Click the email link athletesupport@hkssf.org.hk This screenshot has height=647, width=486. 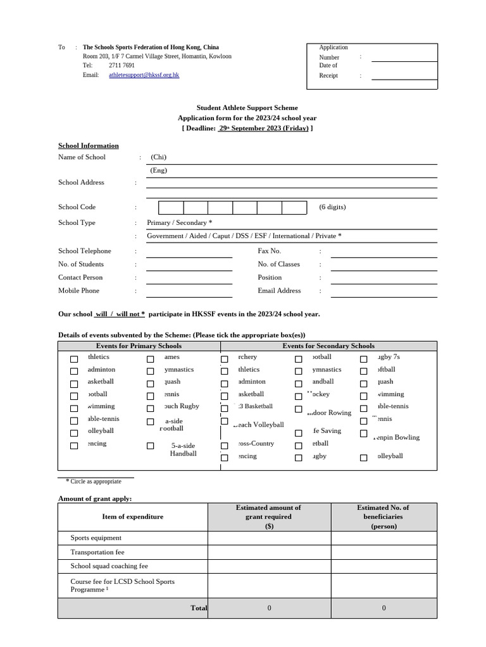(144, 75)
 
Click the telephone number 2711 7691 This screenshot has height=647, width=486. (121, 66)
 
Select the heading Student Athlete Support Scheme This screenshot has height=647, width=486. (247, 108)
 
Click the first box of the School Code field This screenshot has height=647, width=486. (171, 208)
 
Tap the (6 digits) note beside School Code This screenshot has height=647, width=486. (332, 207)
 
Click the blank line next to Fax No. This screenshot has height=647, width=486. (383, 252)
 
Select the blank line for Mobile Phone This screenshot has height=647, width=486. (189, 291)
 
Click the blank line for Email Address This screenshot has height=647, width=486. (383, 291)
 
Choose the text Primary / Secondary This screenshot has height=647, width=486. (177, 223)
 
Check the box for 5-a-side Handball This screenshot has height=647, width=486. (151, 446)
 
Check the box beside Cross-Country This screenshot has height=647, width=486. (224, 446)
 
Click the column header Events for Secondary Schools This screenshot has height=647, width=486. (328, 346)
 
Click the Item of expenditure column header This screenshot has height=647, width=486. (133, 517)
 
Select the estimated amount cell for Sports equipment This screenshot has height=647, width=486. (270, 538)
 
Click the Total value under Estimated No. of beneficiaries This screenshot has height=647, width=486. (383, 608)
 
